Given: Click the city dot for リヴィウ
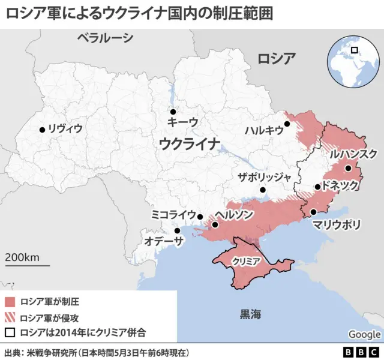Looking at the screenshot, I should tap(42, 130).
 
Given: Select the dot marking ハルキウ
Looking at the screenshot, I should tap(287, 124).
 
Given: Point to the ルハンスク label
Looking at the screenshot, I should tap(353, 154).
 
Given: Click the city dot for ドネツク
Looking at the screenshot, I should tap(317, 187).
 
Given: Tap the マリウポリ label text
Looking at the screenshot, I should tap(337, 225).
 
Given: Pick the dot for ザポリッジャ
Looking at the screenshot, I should tap(263, 191).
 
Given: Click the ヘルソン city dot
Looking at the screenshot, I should tap(215, 225).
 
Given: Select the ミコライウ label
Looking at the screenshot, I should tap(173, 215).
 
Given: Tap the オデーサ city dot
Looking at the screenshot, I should tap(177, 230).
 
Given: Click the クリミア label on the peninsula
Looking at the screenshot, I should tap(245, 261).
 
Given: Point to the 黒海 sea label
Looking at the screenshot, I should tap(251, 313).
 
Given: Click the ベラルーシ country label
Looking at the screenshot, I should tap(105, 38).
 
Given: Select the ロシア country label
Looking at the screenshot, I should tap(277, 58).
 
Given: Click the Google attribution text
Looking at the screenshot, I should tap(364, 334).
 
